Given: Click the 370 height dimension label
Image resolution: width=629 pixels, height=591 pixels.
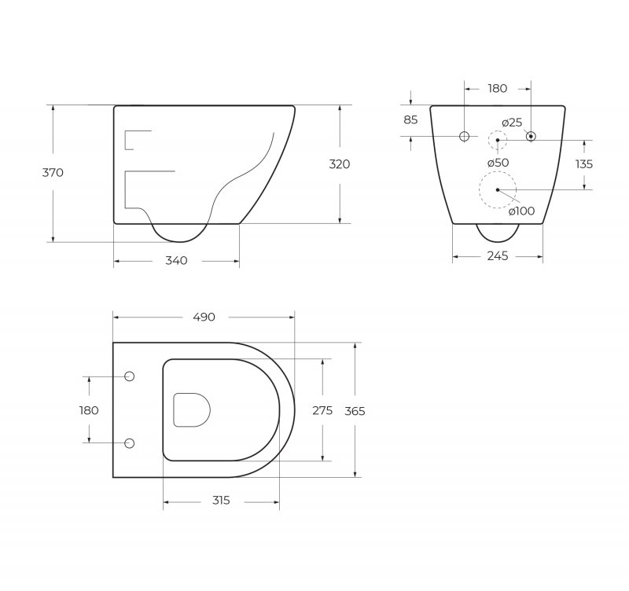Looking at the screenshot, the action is pyautogui.click(x=53, y=172).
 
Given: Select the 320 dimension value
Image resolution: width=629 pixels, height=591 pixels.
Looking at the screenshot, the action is pyautogui.click(x=340, y=164).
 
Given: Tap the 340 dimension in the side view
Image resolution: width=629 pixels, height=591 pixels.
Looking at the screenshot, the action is pyautogui.click(x=176, y=261).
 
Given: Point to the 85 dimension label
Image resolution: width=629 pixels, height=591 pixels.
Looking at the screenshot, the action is pyautogui.click(x=410, y=119).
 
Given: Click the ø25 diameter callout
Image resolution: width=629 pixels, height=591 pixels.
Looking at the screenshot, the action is pyautogui.click(x=512, y=123).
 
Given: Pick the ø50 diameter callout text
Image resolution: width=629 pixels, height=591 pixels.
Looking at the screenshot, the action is pyautogui.click(x=498, y=163).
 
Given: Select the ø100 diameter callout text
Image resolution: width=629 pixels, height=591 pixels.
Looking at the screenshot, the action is pyautogui.click(x=521, y=211).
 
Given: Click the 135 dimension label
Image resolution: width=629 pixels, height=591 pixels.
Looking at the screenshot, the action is pyautogui.click(x=583, y=164).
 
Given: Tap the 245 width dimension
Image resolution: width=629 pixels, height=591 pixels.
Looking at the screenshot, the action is pyautogui.click(x=498, y=255).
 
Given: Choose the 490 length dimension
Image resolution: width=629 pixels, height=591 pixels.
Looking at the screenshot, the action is pyautogui.click(x=204, y=318).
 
